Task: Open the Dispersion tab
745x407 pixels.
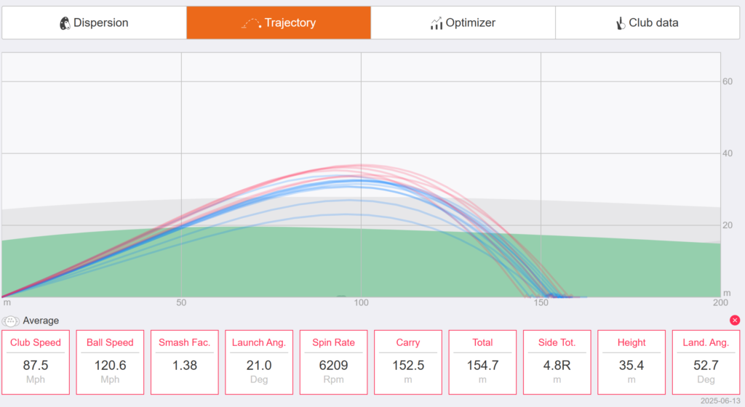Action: (94, 23)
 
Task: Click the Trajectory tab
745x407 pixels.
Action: (279, 23)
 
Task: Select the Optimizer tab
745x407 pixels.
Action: (463, 23)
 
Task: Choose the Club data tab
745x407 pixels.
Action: (647, 23)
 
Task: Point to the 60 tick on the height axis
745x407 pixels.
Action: (728, 81)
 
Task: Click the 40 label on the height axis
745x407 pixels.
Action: (728, 153)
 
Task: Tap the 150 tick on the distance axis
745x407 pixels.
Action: (541, 302)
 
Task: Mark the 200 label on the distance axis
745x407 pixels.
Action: (720, 302)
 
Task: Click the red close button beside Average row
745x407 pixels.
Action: (735, 321)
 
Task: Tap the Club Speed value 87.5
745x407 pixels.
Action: (36, 366)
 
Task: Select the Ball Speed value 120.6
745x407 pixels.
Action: (111, 366)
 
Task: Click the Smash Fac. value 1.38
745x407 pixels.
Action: (185, 366)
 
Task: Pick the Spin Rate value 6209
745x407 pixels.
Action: (333, 366)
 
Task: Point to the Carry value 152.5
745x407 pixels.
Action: (408, 366)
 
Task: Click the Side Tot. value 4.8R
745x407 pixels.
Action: (557, 366)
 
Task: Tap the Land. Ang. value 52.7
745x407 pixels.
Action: (706, 366)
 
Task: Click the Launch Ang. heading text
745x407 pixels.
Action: (259, 342)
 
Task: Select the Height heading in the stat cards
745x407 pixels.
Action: (632, 342)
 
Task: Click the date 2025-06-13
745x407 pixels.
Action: (720, 401)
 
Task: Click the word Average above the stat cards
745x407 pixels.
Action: (41, 321)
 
